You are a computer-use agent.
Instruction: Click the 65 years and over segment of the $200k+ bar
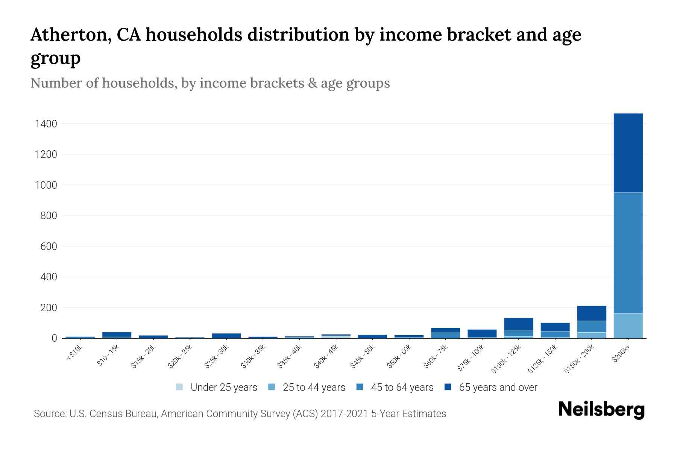tap(628, 153)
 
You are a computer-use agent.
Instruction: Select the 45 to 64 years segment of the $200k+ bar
tap(628, 253)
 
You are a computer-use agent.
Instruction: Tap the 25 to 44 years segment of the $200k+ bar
tap(628, 325)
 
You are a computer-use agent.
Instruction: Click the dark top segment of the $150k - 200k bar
tap(592, 313)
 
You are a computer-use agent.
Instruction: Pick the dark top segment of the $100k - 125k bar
tap(518, 324)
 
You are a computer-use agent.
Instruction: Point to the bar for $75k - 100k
tap(482, 333)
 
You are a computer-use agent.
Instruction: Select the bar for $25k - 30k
tap(226, 336)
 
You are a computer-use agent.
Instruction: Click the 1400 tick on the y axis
tap(46, 124)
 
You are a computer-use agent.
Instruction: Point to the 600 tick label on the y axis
tap(49, 247)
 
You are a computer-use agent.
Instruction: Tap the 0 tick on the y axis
tap(54, 338)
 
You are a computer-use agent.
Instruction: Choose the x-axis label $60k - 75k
tap(436, 357)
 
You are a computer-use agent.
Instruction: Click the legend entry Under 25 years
tap(223, 387)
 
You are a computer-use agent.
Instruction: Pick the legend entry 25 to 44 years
tap(314, 387)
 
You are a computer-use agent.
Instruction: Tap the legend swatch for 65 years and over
tap(448, 387)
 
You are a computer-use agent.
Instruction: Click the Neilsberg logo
tap(601, 410)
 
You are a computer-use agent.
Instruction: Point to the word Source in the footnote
tap(49, 414)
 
